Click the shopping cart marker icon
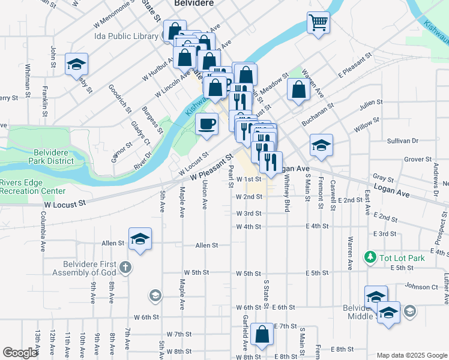[318, 23]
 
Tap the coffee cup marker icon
[207, 124]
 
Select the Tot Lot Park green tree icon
[370, 257]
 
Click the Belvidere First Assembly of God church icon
[125, 266]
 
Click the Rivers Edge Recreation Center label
[32, 187]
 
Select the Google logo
[20, 353]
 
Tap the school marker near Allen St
[140, 239]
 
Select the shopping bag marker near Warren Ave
[298, 90]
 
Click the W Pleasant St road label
[211, 168]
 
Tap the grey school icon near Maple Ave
[155, 295]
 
